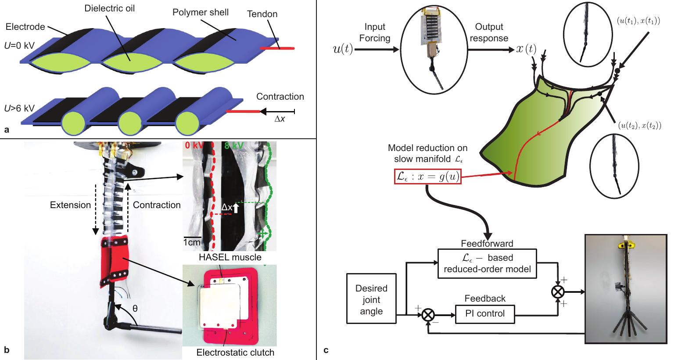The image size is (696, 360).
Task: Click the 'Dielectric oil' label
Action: click(x=109, y=8)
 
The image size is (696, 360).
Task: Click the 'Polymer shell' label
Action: click(x=201, y=12)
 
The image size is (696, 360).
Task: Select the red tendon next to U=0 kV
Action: click(x=276, y=48)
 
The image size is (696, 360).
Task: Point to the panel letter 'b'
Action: click(x=6, y=349)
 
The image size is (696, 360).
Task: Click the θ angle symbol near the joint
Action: click(x=135, y=309)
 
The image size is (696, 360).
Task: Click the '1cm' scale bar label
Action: click(x=192, y=242)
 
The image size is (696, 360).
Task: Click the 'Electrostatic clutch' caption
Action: click(x=235, y=352)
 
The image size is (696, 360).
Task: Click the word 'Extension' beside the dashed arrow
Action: click(x=70, y=205)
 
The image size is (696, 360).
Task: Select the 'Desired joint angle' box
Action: click(x=371, y=300)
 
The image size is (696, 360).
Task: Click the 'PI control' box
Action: click(x=484, y=313)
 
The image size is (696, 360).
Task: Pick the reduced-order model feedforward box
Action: click(x=487, y=263)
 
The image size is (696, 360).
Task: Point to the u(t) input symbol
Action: click(x=343, y=49)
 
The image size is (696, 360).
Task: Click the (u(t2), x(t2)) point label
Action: click(x=639, y=126)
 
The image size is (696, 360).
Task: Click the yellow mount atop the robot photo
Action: click(x=626, y=242)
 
